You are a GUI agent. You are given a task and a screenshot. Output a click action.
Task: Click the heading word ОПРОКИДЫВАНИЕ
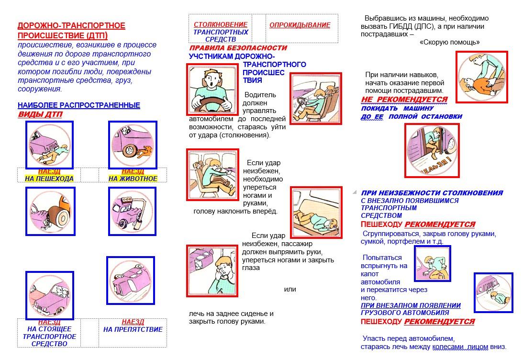coord(300,25)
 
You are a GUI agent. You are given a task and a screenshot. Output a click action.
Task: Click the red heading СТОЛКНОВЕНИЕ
coord(221,24)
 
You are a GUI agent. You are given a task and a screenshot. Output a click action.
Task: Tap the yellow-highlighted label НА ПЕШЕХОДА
coord(49,179)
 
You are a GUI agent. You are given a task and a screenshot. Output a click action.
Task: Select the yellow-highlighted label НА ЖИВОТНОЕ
coord(133,179)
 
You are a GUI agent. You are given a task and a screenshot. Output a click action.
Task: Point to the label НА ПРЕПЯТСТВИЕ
coord(133,329)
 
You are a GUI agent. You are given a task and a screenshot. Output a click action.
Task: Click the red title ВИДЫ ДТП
coord(40,114)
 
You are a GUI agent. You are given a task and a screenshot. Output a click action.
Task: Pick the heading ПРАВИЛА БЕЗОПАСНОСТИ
coord(238,48)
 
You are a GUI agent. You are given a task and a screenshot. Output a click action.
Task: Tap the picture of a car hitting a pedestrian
coord(50,145)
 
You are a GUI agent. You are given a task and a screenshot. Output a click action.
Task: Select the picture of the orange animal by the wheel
coord(133,145)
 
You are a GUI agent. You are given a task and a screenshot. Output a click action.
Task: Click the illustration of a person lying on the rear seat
coord(316,212)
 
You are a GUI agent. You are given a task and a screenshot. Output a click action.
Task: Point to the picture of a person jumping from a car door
coord(432,150)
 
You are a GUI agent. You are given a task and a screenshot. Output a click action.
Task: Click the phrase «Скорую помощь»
coord(449,42)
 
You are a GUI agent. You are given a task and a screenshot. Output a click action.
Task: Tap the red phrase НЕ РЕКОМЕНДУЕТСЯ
coord(404,100)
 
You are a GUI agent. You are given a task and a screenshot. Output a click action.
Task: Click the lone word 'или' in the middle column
coord(290,289)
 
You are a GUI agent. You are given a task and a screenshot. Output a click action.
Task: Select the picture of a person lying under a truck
coord(493,292)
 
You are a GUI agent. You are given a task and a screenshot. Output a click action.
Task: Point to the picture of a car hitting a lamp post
coord(132,211)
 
